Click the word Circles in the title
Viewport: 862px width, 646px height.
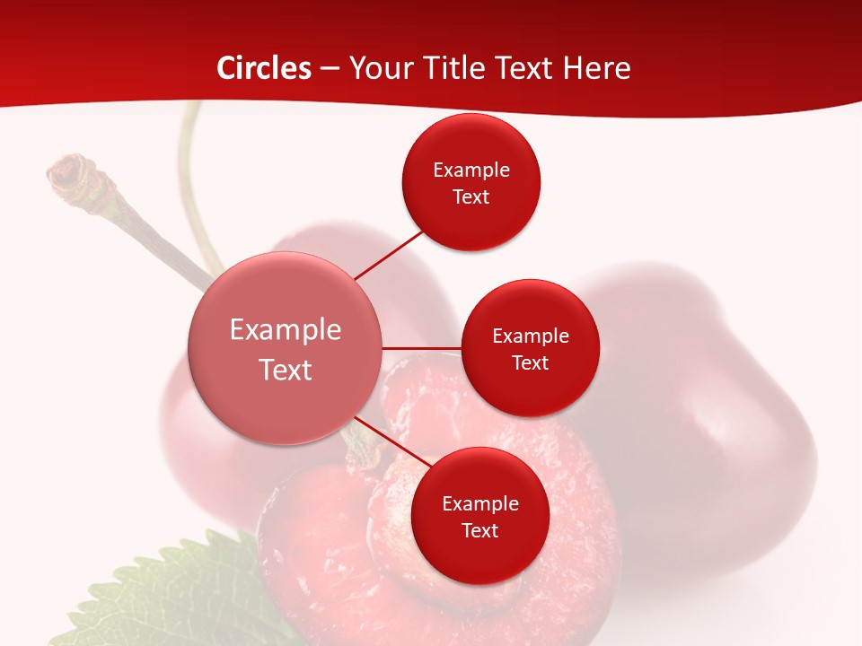tap(263, 68)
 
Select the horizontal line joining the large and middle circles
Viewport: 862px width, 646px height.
tap(422, 348)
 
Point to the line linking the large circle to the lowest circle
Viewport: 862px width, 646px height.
tap(392, 445)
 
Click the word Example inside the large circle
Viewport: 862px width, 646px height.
tap(286, 329)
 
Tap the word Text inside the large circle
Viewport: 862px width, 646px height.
tap(286, 370)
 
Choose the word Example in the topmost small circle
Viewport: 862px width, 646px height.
tap(471, 170)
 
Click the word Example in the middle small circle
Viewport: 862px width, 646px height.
tap(531, 336)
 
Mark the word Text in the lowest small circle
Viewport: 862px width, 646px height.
tap(480, 530)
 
